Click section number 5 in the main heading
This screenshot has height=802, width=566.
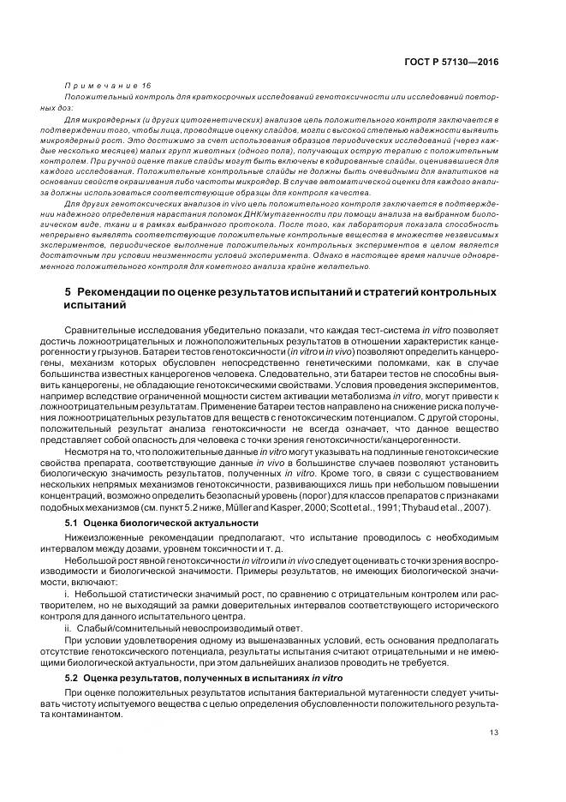coord(69,293)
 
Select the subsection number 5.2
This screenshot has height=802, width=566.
coord(72,678)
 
